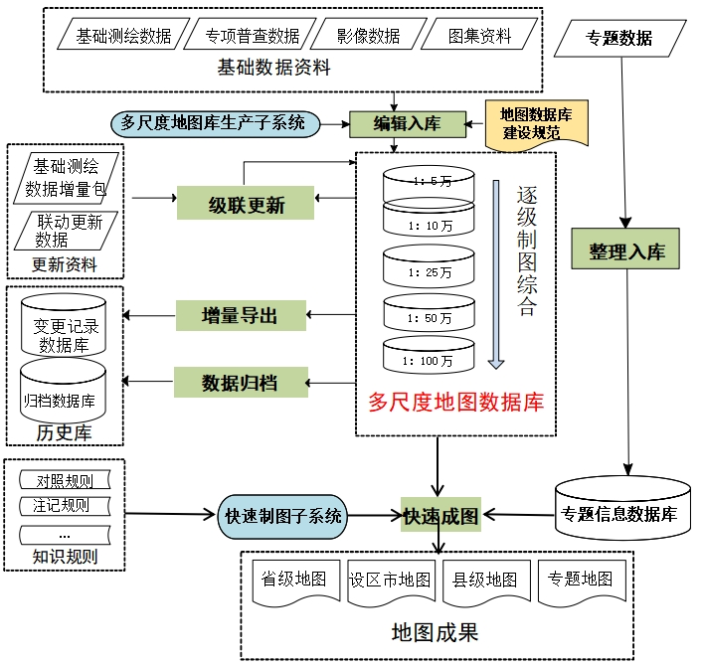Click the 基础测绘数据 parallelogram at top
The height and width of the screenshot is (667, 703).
123,37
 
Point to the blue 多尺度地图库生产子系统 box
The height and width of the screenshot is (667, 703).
214,123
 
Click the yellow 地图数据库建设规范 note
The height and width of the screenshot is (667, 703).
537,122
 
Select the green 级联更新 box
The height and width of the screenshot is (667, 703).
246,205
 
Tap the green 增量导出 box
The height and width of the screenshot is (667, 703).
240,316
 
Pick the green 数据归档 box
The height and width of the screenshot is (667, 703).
240,382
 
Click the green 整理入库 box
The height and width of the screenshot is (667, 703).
624,251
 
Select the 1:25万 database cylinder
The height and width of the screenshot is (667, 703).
430,266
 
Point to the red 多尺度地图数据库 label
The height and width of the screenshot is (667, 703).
455,403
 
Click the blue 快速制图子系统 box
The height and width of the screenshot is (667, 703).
282,516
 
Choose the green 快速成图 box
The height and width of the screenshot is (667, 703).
440,516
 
